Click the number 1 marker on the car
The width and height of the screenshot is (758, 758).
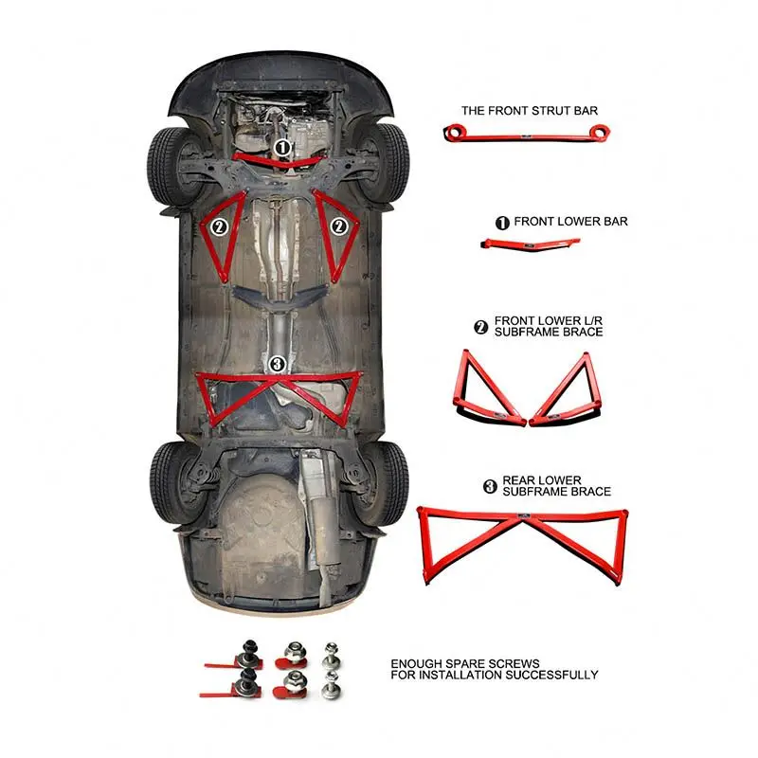(x=282, y=148)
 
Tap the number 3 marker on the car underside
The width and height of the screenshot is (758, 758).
(x=276, y=364)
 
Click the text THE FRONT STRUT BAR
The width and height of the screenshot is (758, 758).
(x=530, y=111)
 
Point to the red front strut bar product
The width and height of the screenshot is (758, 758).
(x=526, y=134)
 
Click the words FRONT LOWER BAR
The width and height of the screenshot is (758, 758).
(x=570, y=222)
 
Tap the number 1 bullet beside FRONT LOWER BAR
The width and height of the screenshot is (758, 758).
(x=502, y=223)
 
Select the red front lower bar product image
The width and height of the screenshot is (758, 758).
(x=531, y=245)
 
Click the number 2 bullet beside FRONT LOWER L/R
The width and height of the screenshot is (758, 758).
(x=480, y=328)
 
